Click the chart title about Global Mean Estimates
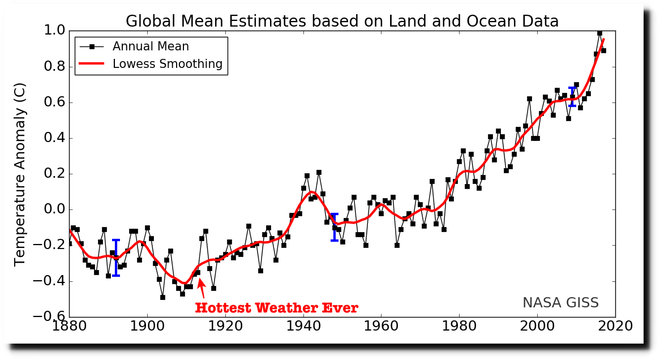click(x=342, y=22)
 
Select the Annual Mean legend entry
click(x=151, y=46)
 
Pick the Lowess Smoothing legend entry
click(x=168, y=64)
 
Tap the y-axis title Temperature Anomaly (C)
click(x=20, y=173)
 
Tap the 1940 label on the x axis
click(x=303, y=327)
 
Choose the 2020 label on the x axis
click(x=615, y=327)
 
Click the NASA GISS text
click(x=560, y=303)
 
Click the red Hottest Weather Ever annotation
click(x=276, y=308)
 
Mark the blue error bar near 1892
click(x=116, y=258)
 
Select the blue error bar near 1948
click(x=335, y=227)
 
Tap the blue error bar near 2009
click(x=572, y=97)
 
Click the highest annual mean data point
click(x=599, y=33)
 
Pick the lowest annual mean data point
click(x=162, y=297)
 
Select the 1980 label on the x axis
click(x=459, y=327)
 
